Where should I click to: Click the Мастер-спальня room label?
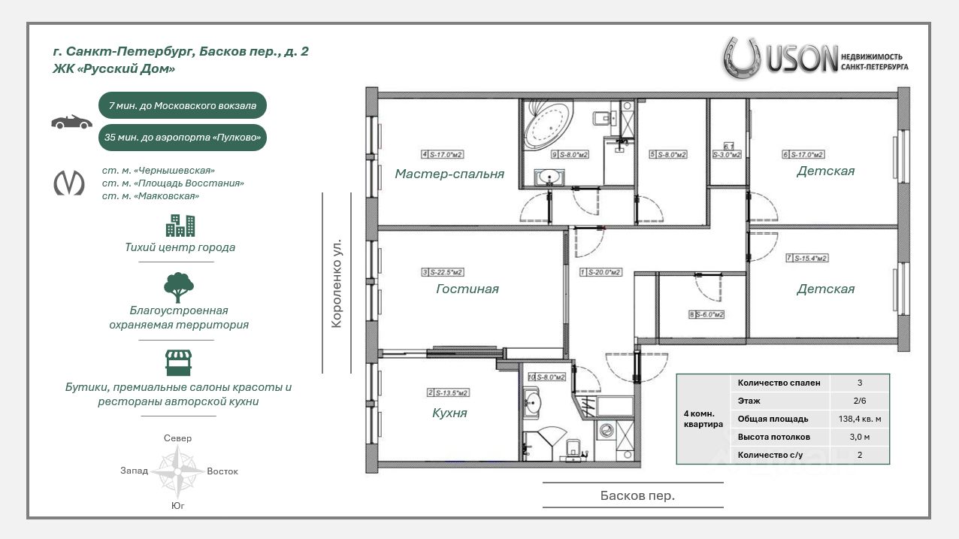449,174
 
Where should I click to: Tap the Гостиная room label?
467,289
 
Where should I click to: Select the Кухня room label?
449,413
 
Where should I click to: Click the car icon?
71,122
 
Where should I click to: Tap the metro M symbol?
69,183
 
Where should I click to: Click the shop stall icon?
179,362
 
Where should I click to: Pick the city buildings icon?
180,226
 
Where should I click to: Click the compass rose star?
177,471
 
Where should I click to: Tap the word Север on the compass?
177,438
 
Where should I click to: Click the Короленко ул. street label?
337,283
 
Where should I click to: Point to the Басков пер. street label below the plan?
637,495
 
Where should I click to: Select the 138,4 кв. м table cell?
859,419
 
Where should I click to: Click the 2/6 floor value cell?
859,401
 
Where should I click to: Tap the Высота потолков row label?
774,437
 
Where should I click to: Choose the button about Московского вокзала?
183,106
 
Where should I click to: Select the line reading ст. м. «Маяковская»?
150,196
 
